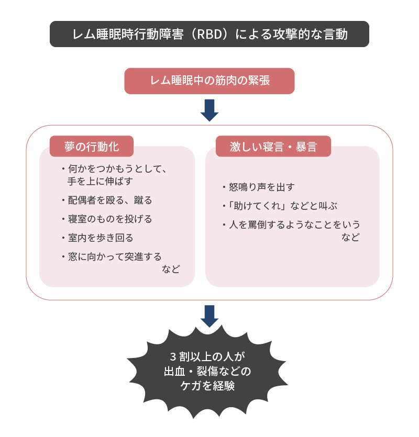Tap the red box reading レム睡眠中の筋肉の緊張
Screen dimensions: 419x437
coord(210,81)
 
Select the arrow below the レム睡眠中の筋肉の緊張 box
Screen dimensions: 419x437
coord(210,110)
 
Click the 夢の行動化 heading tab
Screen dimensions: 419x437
coord(92,147)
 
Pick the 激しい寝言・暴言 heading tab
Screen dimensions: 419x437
coord(273,147)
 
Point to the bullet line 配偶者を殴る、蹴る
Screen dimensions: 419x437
coord(107,200)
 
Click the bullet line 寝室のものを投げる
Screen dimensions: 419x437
coord(107,219)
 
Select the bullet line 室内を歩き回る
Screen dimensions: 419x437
coord(97,238)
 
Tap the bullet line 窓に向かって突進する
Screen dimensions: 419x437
coord(112,256)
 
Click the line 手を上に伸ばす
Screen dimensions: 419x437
coord(101,181)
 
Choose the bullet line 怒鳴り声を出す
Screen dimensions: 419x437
coord(259,187)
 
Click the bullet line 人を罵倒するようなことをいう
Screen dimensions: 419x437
coord(292,225)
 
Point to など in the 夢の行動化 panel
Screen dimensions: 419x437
coord(171,269)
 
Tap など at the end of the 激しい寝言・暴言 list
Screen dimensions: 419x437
coord(351,237)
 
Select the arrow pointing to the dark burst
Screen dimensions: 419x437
coord(210,316)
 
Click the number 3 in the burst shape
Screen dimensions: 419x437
coord(173,356)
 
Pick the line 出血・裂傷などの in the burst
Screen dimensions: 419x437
coord(207,371)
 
